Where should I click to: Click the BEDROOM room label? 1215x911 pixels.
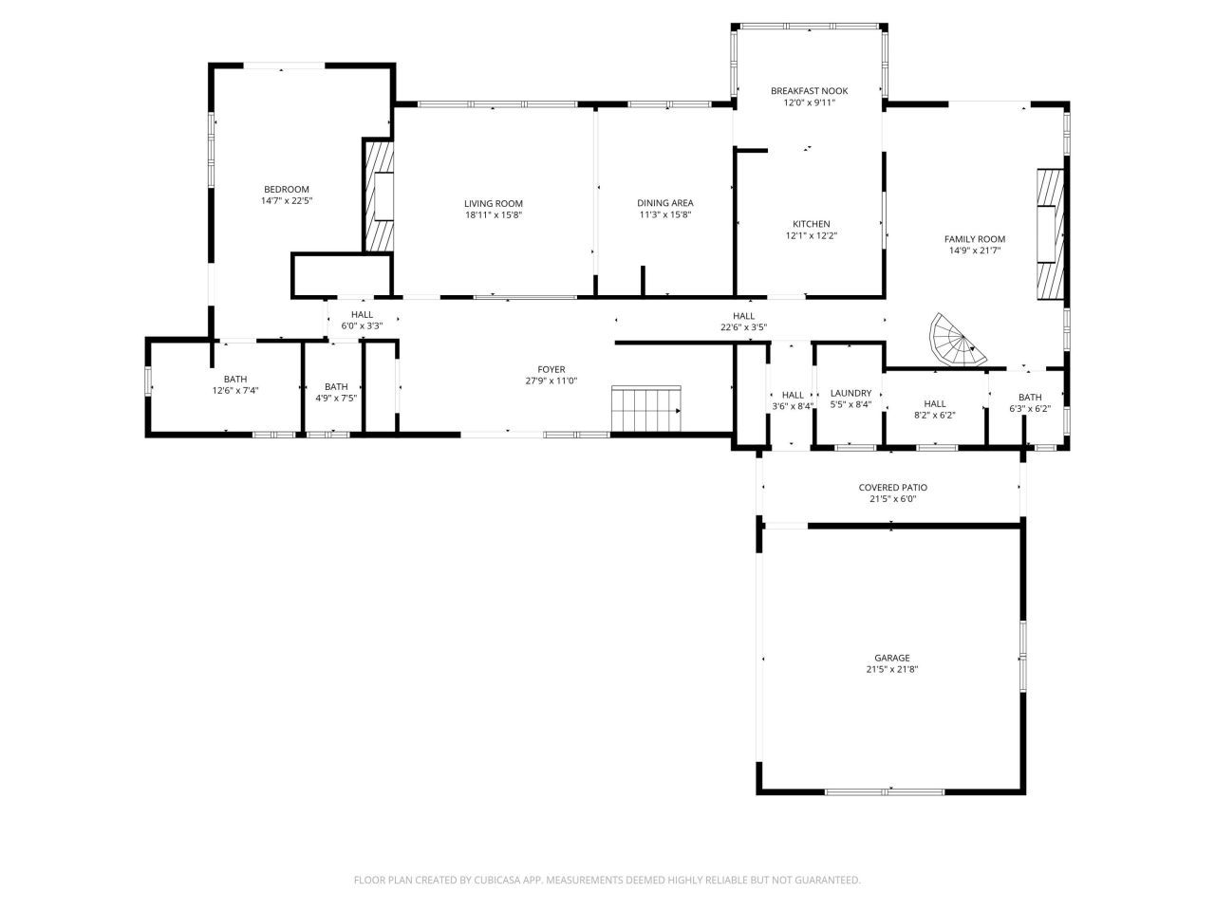[x=286, y=189]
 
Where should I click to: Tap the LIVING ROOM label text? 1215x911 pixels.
[x=493, y=203]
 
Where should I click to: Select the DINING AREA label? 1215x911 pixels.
[x=664, y=202]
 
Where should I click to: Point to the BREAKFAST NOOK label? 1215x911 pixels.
[x=809, y=91]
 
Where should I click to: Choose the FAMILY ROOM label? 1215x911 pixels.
[x=974, y=239]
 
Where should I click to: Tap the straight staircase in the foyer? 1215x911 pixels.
[x=645, y=408]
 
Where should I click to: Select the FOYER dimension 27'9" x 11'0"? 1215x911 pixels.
[x=551, y=381]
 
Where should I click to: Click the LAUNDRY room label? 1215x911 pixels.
[x=850, y=393]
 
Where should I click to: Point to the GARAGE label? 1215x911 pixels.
[x=891, y=658]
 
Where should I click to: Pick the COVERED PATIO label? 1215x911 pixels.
[x=892, y=488]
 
